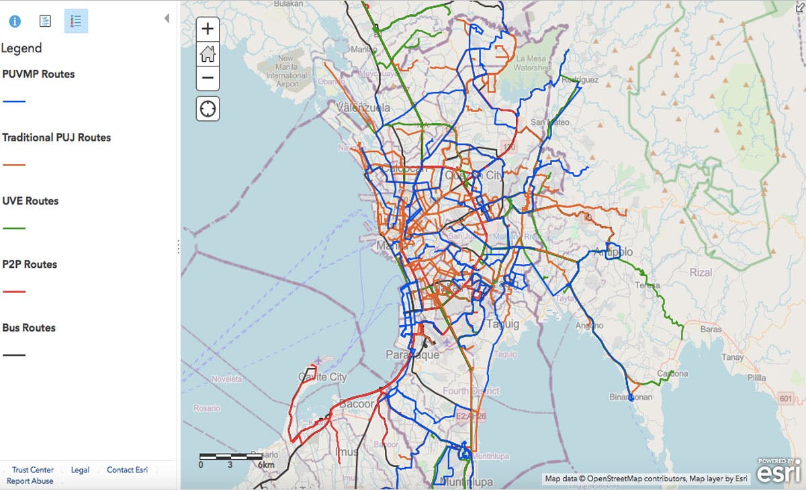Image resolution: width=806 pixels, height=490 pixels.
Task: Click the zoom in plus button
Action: pyautogui.click(x=208, y=29)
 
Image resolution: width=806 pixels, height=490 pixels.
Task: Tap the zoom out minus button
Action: pyautogui.click(x=208, y=78)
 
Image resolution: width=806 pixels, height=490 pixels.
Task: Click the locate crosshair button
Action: pyautogui.click(x=208, y=108)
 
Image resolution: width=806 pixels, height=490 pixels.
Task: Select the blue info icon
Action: pyautogui.click(x=15, y=21)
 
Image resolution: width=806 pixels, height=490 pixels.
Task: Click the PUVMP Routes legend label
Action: pyautogui.click(x=38, y=74)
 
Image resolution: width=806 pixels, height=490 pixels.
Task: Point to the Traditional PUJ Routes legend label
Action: pyautogui.click(x=56, y=138)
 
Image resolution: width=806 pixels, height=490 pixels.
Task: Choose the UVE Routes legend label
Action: pyautogui.click(x=30, y=201)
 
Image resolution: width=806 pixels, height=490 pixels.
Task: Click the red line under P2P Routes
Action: pyautogui.click(x=14, y=291)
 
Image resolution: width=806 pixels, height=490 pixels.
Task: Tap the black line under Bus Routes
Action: pyautogui.click(x=14, y=354)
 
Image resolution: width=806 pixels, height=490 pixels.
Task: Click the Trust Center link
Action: pyautogui.click(x=33, y=470)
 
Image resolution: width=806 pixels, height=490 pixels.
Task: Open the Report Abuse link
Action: pyautogui.click(x=30, y=481)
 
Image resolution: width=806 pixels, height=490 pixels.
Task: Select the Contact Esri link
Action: pyautogui.click(x=127, y=470)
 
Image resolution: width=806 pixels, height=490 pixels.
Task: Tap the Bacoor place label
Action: pyautogui.click(x=356, y=404)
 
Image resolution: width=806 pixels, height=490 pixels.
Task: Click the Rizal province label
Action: pyautogui.click(x=701, y=273)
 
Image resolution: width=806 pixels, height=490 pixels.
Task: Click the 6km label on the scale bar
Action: pyautogui.click(x=266, y=464)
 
